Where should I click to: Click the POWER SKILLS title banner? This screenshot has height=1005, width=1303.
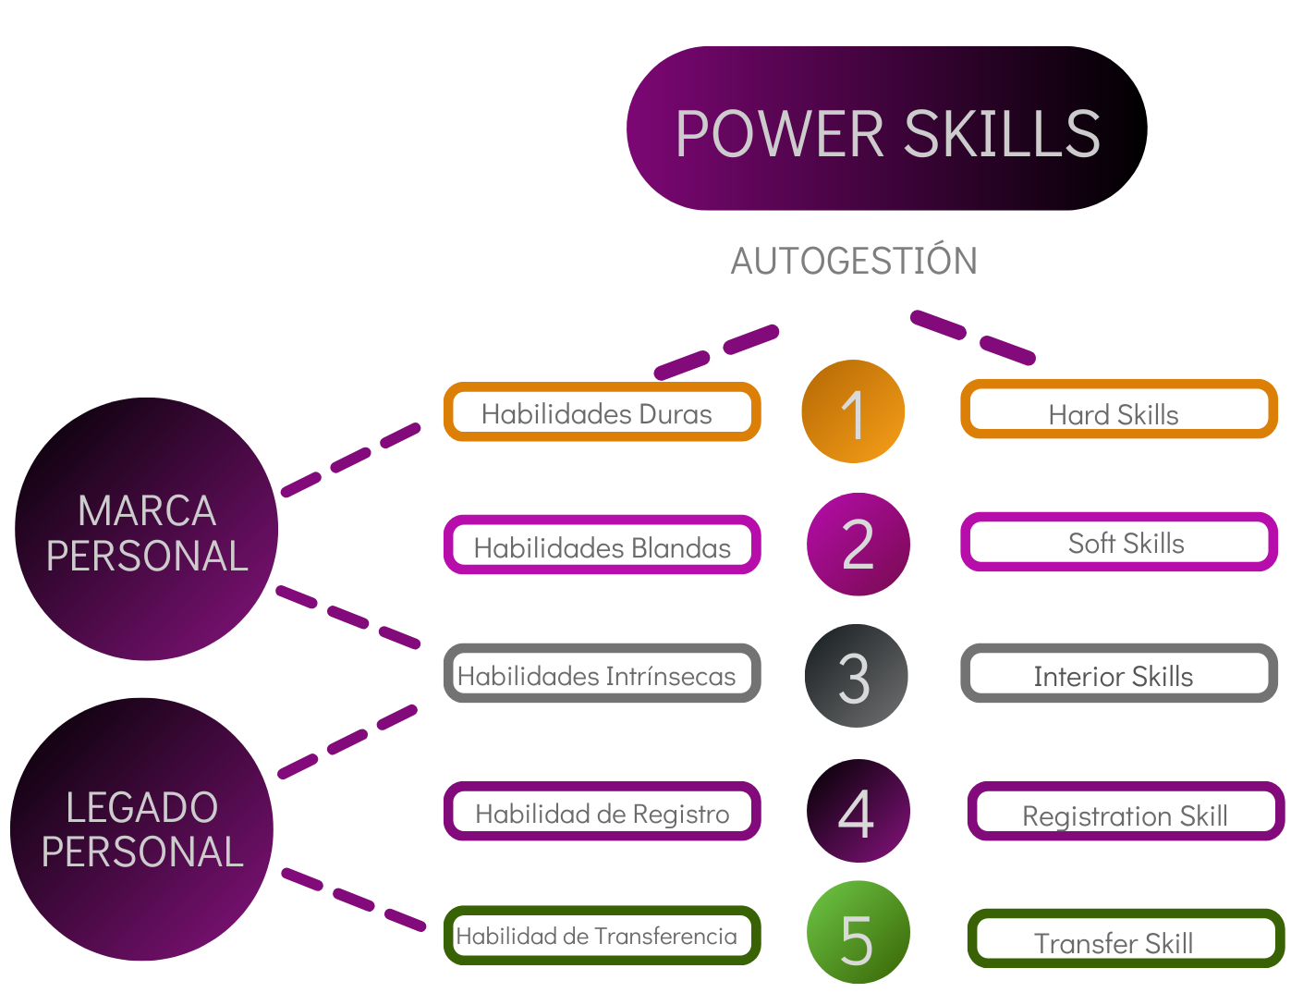tap(886, 129)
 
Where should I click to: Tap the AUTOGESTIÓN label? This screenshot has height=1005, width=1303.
tap(854, 262)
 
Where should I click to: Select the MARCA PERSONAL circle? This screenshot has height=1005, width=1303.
tap(147, 529)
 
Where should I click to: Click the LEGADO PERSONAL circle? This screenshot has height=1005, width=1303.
tap(142, 829)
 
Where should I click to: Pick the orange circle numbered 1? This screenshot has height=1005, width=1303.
tap(853, 411)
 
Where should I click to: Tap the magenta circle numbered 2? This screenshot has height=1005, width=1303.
tap(859, 545)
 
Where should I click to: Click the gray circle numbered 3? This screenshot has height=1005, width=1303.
tap(856, 676)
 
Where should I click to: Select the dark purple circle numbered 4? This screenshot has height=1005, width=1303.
tap(858, 811)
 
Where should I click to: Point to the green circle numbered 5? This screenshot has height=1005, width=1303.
tap(858, 933)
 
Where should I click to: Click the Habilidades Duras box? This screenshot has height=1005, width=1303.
tap(602, 412)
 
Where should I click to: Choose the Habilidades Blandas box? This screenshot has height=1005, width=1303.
tap(602, 545)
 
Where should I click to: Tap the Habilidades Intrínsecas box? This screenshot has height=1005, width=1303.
tap(602, 674)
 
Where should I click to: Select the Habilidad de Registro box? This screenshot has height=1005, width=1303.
tap(602, 812)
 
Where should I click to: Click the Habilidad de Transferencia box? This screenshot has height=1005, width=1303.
tap(602, 936)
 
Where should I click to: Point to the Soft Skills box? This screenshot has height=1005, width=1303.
tap(1118, 542)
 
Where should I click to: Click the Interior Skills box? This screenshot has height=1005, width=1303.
tap(1118, 674)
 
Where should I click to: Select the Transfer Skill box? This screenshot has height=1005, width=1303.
tap(1125, 938)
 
